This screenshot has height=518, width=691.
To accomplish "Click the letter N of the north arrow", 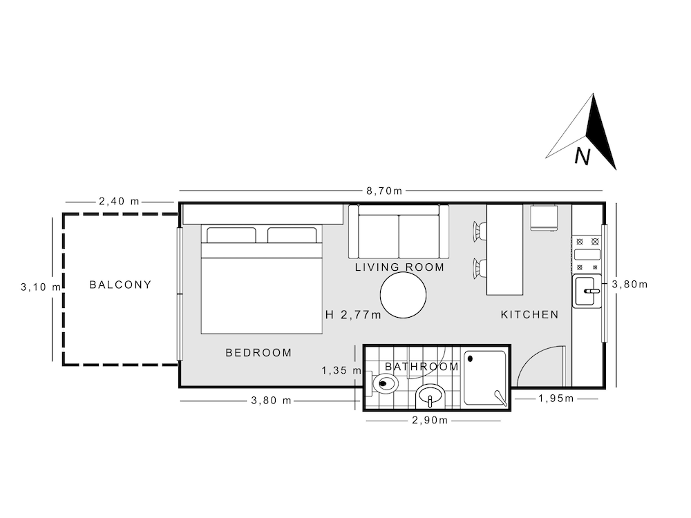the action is (x=582, y=156).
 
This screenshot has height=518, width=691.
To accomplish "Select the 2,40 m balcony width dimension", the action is (x=119, y=201).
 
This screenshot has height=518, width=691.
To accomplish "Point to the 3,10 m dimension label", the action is (x=41, y=287).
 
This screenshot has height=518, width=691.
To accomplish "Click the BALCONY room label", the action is (x=120, y=285).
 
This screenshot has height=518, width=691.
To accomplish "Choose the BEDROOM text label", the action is (x=258, y=352).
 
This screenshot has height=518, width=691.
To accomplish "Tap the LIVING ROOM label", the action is (x=399, y=267).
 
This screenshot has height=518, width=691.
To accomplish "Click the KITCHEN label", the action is (x=530, y=314).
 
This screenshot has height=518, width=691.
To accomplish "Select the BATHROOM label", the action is (x=422, y=367).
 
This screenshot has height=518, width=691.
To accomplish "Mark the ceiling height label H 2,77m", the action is (x=353, y=315).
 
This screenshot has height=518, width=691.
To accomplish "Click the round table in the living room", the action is (x=404, y=295).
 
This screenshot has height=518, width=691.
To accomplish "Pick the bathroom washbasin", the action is (x=430, y=397).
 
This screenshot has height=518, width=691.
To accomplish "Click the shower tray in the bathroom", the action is (x=485, y=378).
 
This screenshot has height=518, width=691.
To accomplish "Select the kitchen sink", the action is (x=587, y=291).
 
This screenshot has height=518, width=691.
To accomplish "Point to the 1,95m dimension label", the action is (x=556, y=399).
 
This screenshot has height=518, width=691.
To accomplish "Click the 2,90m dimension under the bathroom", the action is (x=430, y=420).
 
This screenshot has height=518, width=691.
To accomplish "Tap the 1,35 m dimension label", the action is (x=342, y=371).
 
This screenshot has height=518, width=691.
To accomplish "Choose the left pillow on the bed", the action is (x=231, y=236).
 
